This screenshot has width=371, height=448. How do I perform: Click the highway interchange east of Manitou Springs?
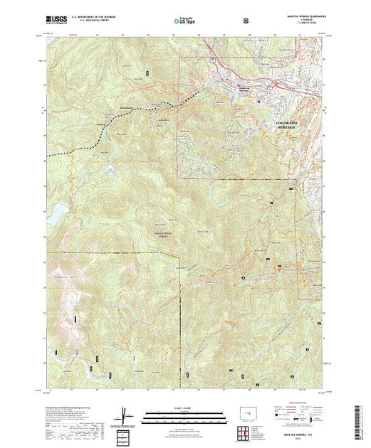[x=269, y=82]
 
